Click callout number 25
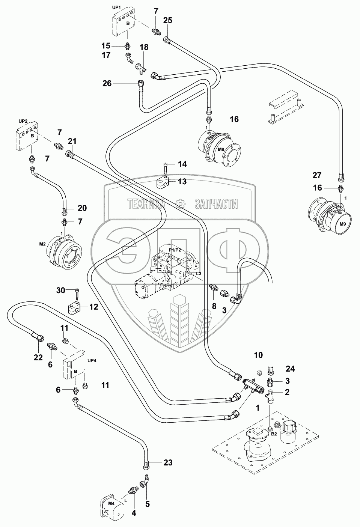(167, 21)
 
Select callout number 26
(107, 83)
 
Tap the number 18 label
(144, 47)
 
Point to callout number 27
(318, 175)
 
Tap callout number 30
(61, 290)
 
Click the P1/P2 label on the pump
(175, 250)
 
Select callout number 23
(167, 462)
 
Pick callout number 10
(259, 355)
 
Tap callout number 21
(72, 141)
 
